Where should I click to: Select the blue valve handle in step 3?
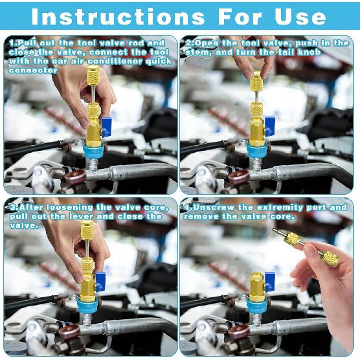coord(102,283)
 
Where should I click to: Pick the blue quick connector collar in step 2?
coord(257,151)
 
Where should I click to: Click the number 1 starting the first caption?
coord(10,43)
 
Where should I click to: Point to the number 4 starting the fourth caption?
coord(187,207)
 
